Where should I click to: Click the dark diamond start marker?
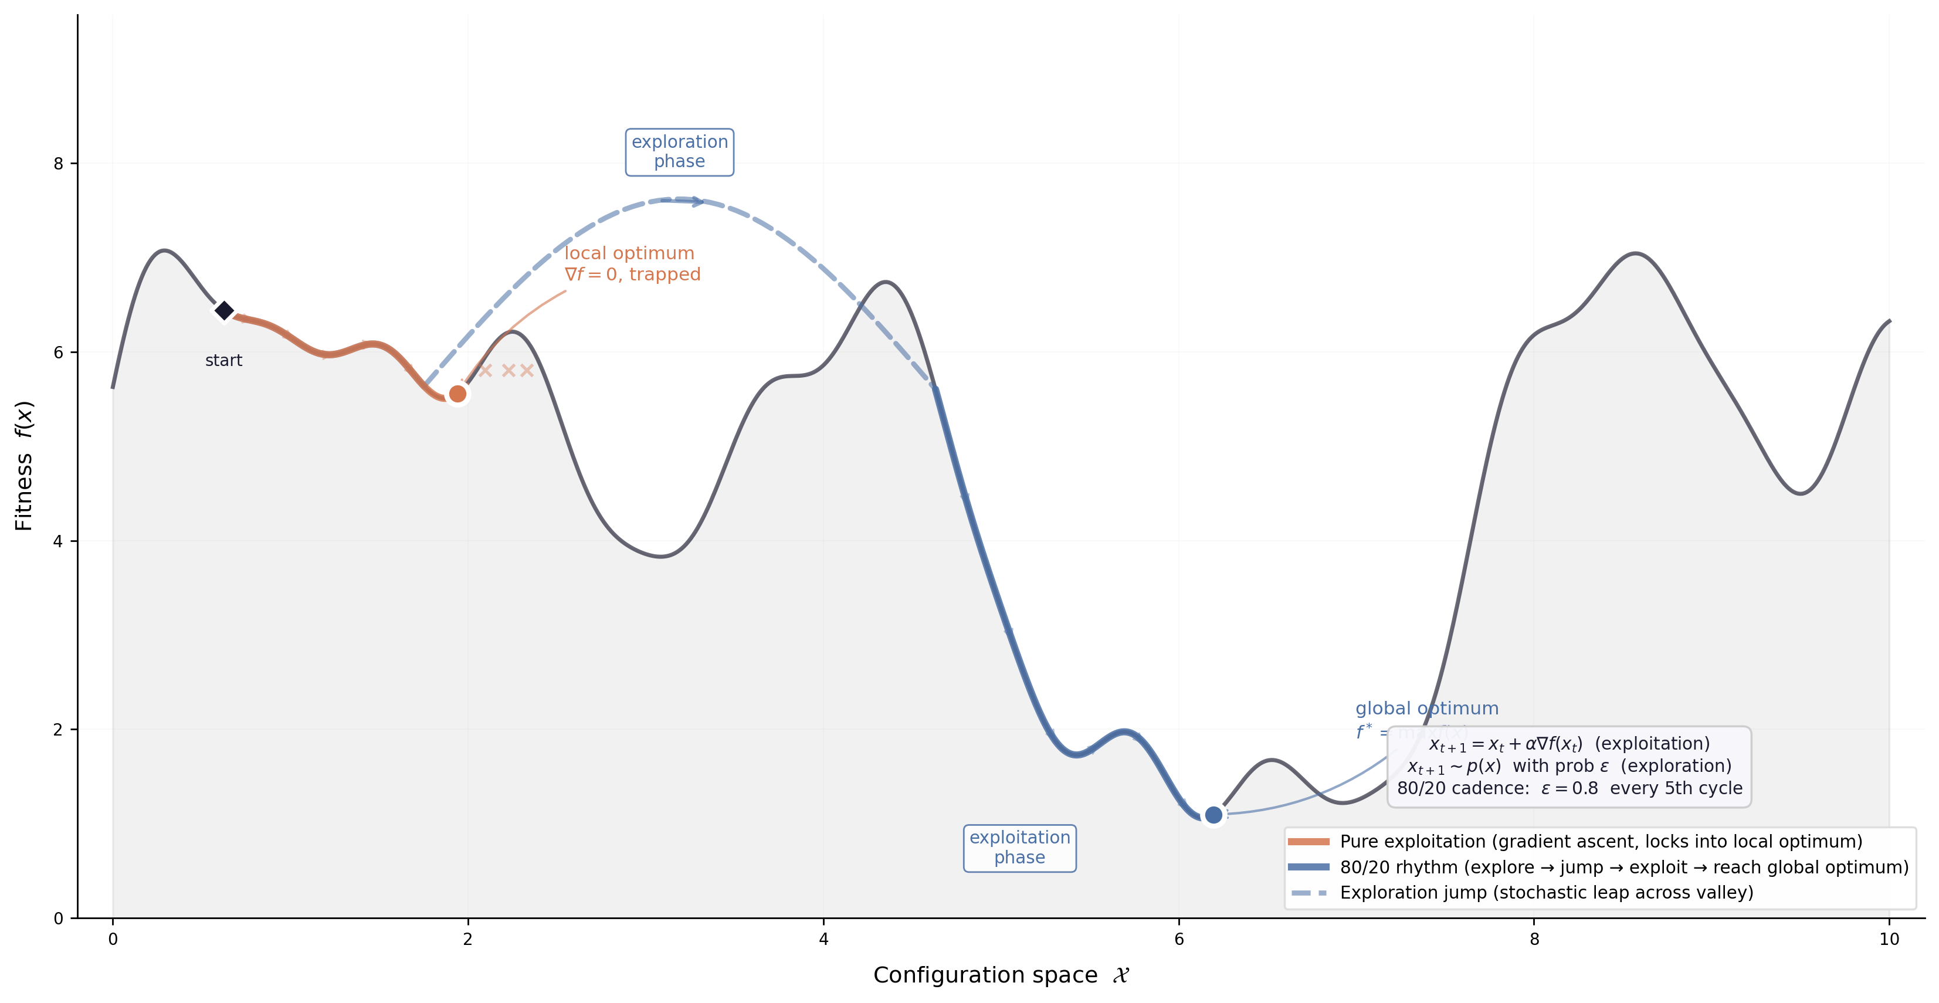pyautogui.click(x=223, y=310)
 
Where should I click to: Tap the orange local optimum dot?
pyautogui.click(x=457, y=394)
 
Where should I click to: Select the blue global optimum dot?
pyautogui.click(x=1213, y=815)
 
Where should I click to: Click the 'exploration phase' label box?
pyautogui.click(x=679, y=152)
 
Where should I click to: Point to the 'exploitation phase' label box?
pyautogui.click(x=1019, y=848)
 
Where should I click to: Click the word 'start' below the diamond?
pyautogui.click(x=223, y=361)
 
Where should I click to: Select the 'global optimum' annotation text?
pyautogui.click(x=1426, y=709)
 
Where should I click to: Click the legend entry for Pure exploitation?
pyautogui.click(x=1600, y=842)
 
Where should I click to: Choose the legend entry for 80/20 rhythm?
pyautogui.click(x=1623, y=868)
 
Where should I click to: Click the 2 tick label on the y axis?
pyautogui.click(x=58, y=730)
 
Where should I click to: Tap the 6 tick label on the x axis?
pyautogui.click(x=1179, y=940)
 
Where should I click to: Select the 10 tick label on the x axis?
pyautogui.click(x=1889, y=940)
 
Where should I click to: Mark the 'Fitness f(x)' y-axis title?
pyautogui.click(x=24, y=465)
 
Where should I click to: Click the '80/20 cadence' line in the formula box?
pyautogui.click(x=1569, y=788)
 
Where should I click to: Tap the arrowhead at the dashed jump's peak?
pyautogui.click(x=699, y=201)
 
